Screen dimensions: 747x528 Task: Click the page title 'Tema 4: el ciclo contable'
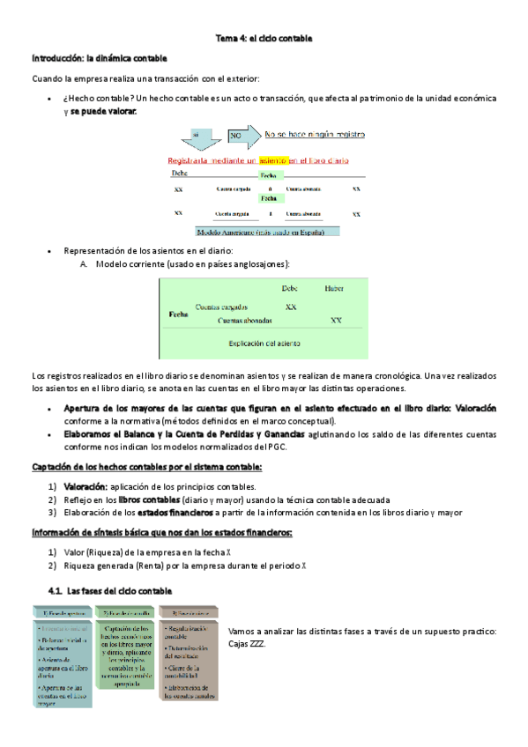[x=264, y=38]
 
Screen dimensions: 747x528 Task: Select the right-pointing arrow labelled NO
[x=243, y=136]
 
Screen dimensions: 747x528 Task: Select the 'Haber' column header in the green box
[x=334, y=288]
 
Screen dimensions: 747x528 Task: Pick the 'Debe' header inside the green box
[x=289, y=288]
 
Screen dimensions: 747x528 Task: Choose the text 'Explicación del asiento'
[x=264, y=344]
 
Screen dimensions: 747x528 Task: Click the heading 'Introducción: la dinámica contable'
[x=99, y=58]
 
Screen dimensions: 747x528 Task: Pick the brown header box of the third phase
[x=190, y=611]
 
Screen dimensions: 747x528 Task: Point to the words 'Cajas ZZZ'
[x=247, y=643]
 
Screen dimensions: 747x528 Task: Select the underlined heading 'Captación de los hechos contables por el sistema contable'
[x=145, y=467]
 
